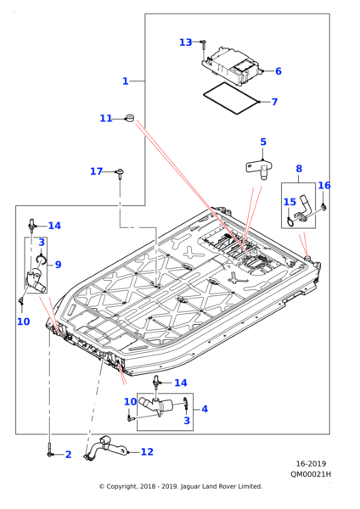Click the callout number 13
tap(186, 42)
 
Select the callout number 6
tap(278, 71)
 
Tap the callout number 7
tap(274, 102)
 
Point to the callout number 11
tap(106, 119)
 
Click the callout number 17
tap(96, 171)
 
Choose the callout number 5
tap(263, 142)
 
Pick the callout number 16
tap(324, 185)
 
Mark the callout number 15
tap(290, 202)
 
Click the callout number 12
tap(147, 451)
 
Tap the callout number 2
tap(68, 455)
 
